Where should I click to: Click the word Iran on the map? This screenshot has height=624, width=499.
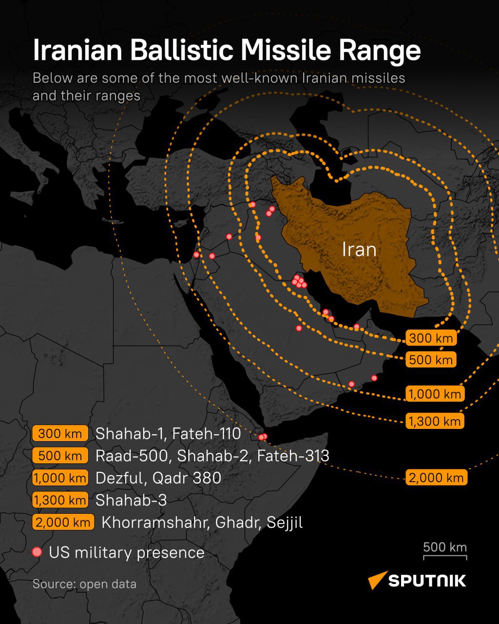click(359, 250)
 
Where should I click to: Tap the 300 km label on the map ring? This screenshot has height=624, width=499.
click(431, 338)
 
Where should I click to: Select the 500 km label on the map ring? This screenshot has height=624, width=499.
click(431, 360)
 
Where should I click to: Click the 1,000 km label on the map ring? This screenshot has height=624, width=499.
click(435, 394)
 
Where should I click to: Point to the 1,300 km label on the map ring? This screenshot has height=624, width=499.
click(435, 421)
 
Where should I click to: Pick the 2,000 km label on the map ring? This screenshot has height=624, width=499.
click(436, 478)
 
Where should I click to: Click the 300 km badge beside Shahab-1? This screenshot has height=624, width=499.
click(60, 433)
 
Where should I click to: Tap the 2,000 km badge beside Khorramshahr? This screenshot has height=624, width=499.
click(63, 523)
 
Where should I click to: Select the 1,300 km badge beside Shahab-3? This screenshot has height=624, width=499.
click(60, 500)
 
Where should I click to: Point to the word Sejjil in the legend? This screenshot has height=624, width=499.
click(285, 523)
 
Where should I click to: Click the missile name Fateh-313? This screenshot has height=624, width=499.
click(293, 456)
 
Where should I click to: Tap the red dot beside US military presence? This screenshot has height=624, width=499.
click(37, 552)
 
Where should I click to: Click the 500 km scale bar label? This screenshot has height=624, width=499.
click(444, 546)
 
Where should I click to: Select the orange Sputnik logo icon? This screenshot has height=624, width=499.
click(377, 580)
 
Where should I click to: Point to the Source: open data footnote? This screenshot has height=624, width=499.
click(84, 584)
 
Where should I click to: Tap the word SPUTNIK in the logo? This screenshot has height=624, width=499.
click(427, 581)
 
